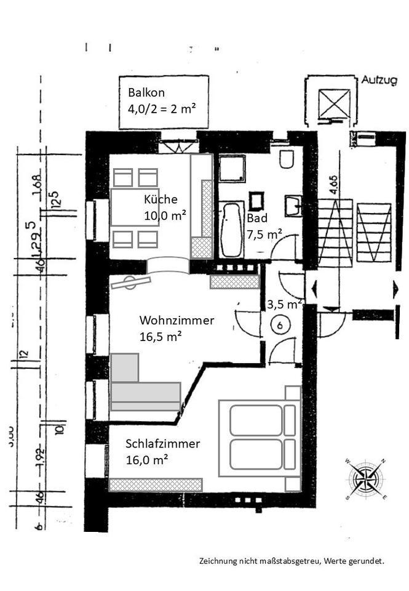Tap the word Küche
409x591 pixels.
(x=161, y=199)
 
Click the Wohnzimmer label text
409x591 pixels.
(x=177, y=321)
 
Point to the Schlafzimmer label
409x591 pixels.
(x=163, y=443)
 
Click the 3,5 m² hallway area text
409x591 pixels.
(x=284, y=304)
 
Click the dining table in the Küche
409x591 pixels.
(x=134, y=207)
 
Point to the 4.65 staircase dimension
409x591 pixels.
(x=333, y=185)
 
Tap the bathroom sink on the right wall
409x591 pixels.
(x=293, y=204)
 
